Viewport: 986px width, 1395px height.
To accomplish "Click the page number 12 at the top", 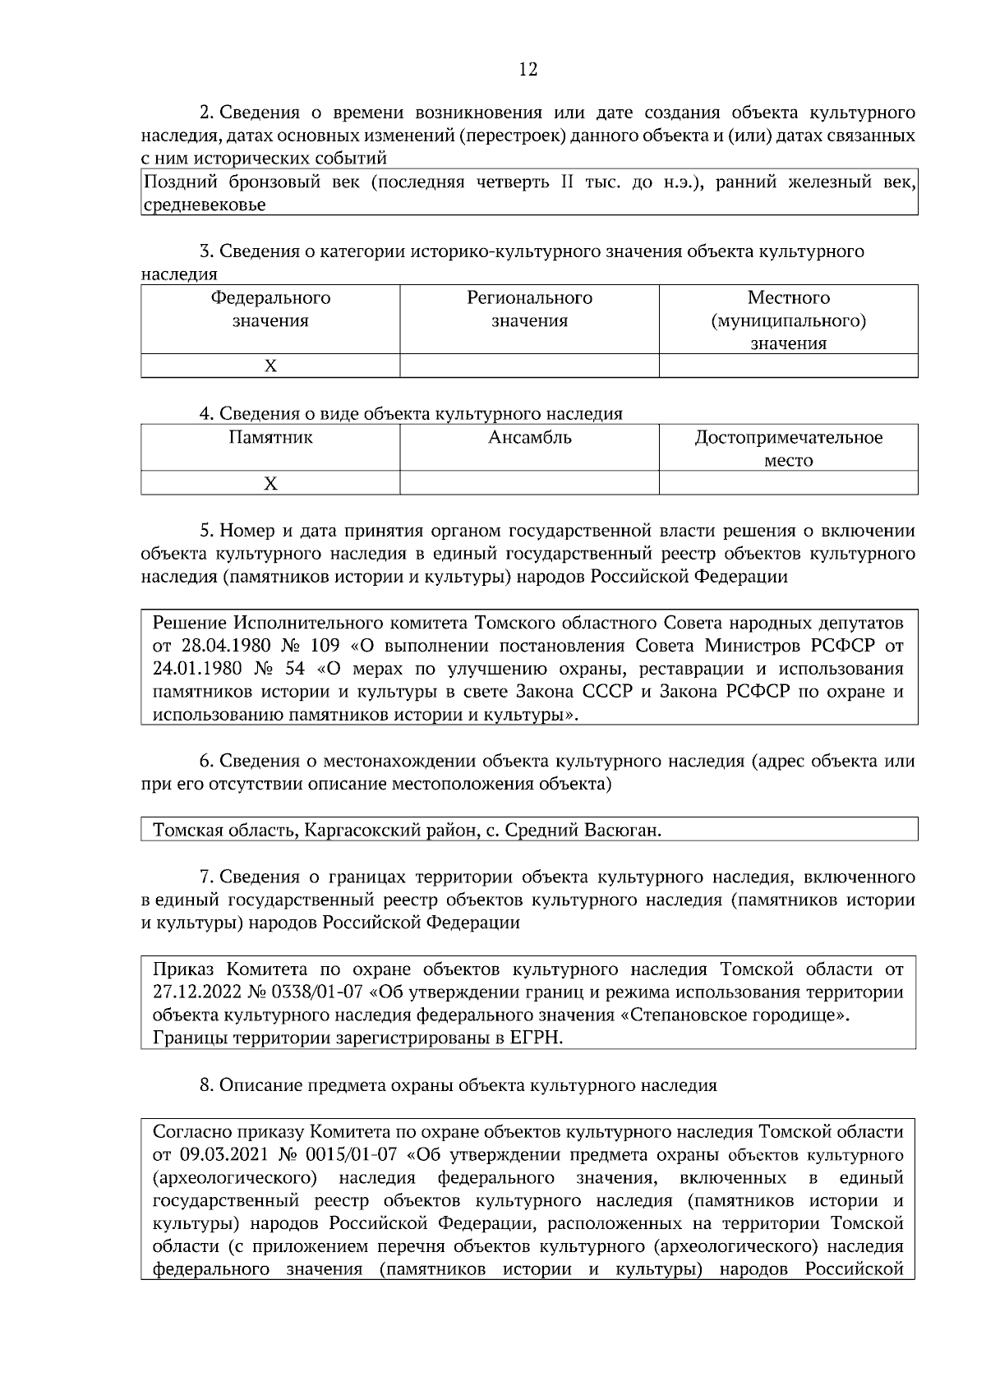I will [x=528, y=70].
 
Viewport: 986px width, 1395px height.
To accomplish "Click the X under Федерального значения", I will [x=270, y=366].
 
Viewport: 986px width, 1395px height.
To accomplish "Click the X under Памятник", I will [x=270, y=483].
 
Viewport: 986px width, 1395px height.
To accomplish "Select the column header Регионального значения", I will [x=529, y=309].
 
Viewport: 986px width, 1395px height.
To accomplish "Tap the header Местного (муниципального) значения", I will [x=788, y=320].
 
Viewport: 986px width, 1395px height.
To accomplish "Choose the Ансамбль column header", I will [x=529, y=437].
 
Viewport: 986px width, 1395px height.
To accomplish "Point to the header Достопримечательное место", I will [x=788, y=449].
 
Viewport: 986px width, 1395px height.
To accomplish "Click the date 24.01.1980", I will [x=192, y=668].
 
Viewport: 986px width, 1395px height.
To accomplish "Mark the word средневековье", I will [x=204, y=205].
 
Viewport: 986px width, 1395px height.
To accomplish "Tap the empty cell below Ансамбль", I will [x=529, y=483].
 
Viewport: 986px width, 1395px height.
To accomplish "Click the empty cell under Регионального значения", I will [x=529, y=366].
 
